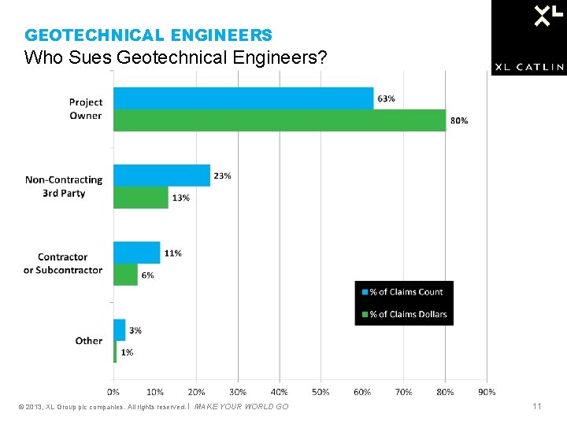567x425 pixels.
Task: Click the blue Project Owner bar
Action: tap(243, 98)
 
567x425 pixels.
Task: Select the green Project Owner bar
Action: tap(280, 120)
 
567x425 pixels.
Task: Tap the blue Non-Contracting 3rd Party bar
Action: tap(161, 176)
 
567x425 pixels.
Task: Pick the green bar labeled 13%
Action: tap(141, 198)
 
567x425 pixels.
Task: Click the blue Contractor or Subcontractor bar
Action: tap(137, 253)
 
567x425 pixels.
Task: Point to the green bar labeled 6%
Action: tap(126, 275)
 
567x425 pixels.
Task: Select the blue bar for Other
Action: tap(120, 330)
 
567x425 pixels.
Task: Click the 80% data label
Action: tap(459, 120)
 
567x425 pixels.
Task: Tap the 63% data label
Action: tap(387, 98)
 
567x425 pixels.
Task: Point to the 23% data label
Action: tap(222, 176)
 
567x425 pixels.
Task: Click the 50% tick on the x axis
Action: tap(321, 391)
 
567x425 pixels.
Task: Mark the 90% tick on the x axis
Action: tap(486, 391)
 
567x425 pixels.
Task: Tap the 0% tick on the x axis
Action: tap(113, 391)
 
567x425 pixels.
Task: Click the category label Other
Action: tap(89, 341)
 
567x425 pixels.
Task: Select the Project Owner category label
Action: tap(85, 109)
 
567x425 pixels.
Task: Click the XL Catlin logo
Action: tap(528, 37)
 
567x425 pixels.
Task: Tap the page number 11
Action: tap(536, 406)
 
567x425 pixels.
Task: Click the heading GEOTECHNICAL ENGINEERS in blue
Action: tap(149, 35)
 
